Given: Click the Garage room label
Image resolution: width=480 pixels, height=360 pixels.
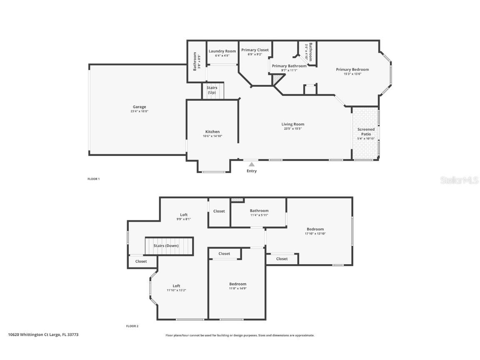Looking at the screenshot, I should (x=139, y=107).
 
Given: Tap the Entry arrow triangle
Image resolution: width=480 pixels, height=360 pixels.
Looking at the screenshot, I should (x=252, y=165).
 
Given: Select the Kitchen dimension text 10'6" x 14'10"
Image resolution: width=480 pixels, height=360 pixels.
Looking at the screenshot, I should (x=212, y=136).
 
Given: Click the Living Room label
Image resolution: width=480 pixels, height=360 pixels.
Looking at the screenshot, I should (x=293, y=124).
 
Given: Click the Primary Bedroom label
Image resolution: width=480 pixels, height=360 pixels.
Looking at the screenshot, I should (x=352, y=70).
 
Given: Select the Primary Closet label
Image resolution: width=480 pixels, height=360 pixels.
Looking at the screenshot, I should (x=255, y=50).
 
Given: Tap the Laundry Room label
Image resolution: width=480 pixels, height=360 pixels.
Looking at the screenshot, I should (x=222, y=51).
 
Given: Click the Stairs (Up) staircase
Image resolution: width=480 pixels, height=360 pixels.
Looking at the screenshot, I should (x=212, y=90).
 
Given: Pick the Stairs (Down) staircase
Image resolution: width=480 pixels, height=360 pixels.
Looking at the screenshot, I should (x=169, y=246).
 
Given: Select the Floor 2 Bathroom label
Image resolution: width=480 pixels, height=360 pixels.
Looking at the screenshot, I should (x=259, y=211).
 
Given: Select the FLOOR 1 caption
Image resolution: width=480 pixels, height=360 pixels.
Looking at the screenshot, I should (x=93, y=179).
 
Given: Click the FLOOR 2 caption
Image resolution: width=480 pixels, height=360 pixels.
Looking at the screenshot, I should (x=132, y=326).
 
